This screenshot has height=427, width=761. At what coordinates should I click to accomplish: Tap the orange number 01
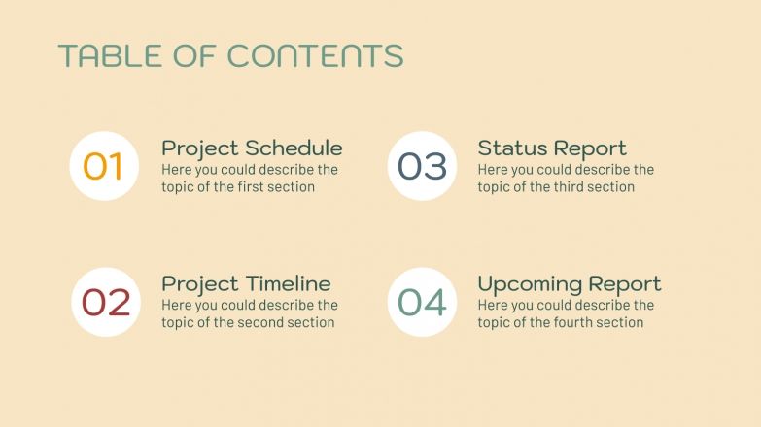coord(103,166)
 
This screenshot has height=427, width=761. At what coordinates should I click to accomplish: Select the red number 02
coord(105,302)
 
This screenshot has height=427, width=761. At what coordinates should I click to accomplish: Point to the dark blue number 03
coord(422,166)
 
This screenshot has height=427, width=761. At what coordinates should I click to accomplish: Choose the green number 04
coord(422,302)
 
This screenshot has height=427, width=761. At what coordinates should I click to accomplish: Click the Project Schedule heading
coord(252,148)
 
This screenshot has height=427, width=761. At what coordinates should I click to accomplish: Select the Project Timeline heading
coord(246,284)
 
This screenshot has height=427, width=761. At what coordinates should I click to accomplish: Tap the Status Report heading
coord(551,148)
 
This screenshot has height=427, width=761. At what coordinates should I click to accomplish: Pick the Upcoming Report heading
coord(569,284)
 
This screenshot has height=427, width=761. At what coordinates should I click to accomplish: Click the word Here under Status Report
coord(493,170)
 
